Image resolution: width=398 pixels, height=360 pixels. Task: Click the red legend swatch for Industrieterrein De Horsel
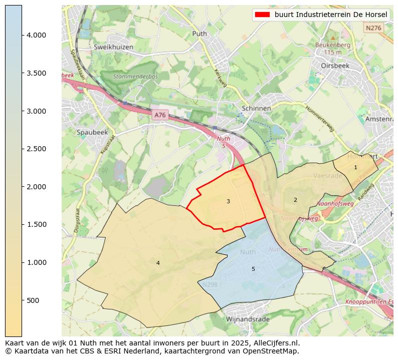[x=262, y=15]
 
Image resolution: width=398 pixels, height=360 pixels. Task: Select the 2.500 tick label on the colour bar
[x=36, y=149]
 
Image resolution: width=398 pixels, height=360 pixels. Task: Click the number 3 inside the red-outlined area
[x=228, y=201]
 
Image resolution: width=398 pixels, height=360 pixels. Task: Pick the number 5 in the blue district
[x=253, y=269]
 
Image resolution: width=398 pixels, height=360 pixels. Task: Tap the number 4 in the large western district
[x=158, y=263]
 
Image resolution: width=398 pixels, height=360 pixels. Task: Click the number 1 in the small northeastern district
[x=355, y=167]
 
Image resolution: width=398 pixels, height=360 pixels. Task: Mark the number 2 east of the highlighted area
[x=295, y=200]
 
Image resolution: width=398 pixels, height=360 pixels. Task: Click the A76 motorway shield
[x=159, y=115]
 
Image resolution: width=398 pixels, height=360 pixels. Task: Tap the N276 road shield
[x=373, y=28]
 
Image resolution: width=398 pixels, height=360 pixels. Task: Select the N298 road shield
[x=210, y=284]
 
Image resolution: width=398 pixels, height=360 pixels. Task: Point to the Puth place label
[x=200, y=34]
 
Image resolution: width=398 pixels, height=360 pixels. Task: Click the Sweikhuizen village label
[x=113, y=47]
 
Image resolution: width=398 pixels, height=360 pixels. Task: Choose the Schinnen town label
[x=256, y=108]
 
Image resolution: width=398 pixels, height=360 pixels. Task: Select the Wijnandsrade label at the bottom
[x=248, y=319]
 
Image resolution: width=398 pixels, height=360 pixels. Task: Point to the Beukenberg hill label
[x=332, y=45]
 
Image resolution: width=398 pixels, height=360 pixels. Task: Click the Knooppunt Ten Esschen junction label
[x=369, y=302]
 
